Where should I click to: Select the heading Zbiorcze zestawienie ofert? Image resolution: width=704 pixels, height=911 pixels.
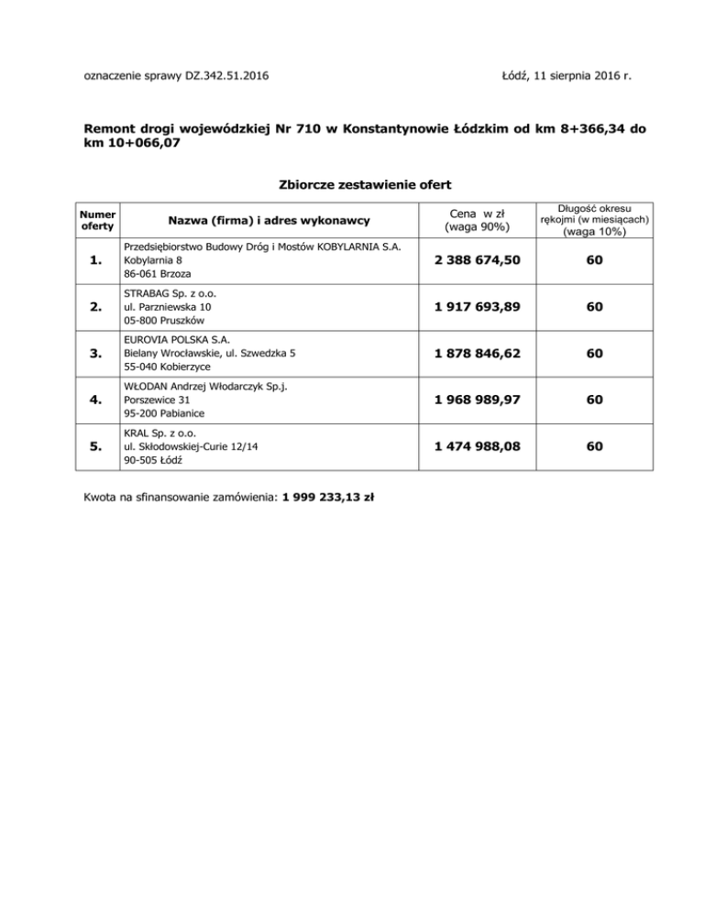pyautogui.click(x=352, y=184)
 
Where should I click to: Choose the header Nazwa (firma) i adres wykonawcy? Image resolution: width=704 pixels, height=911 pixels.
pyautogui.click(x=268, y=220)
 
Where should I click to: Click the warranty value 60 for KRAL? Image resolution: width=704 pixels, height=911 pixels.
pyautogui.click(x=595, y=446)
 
